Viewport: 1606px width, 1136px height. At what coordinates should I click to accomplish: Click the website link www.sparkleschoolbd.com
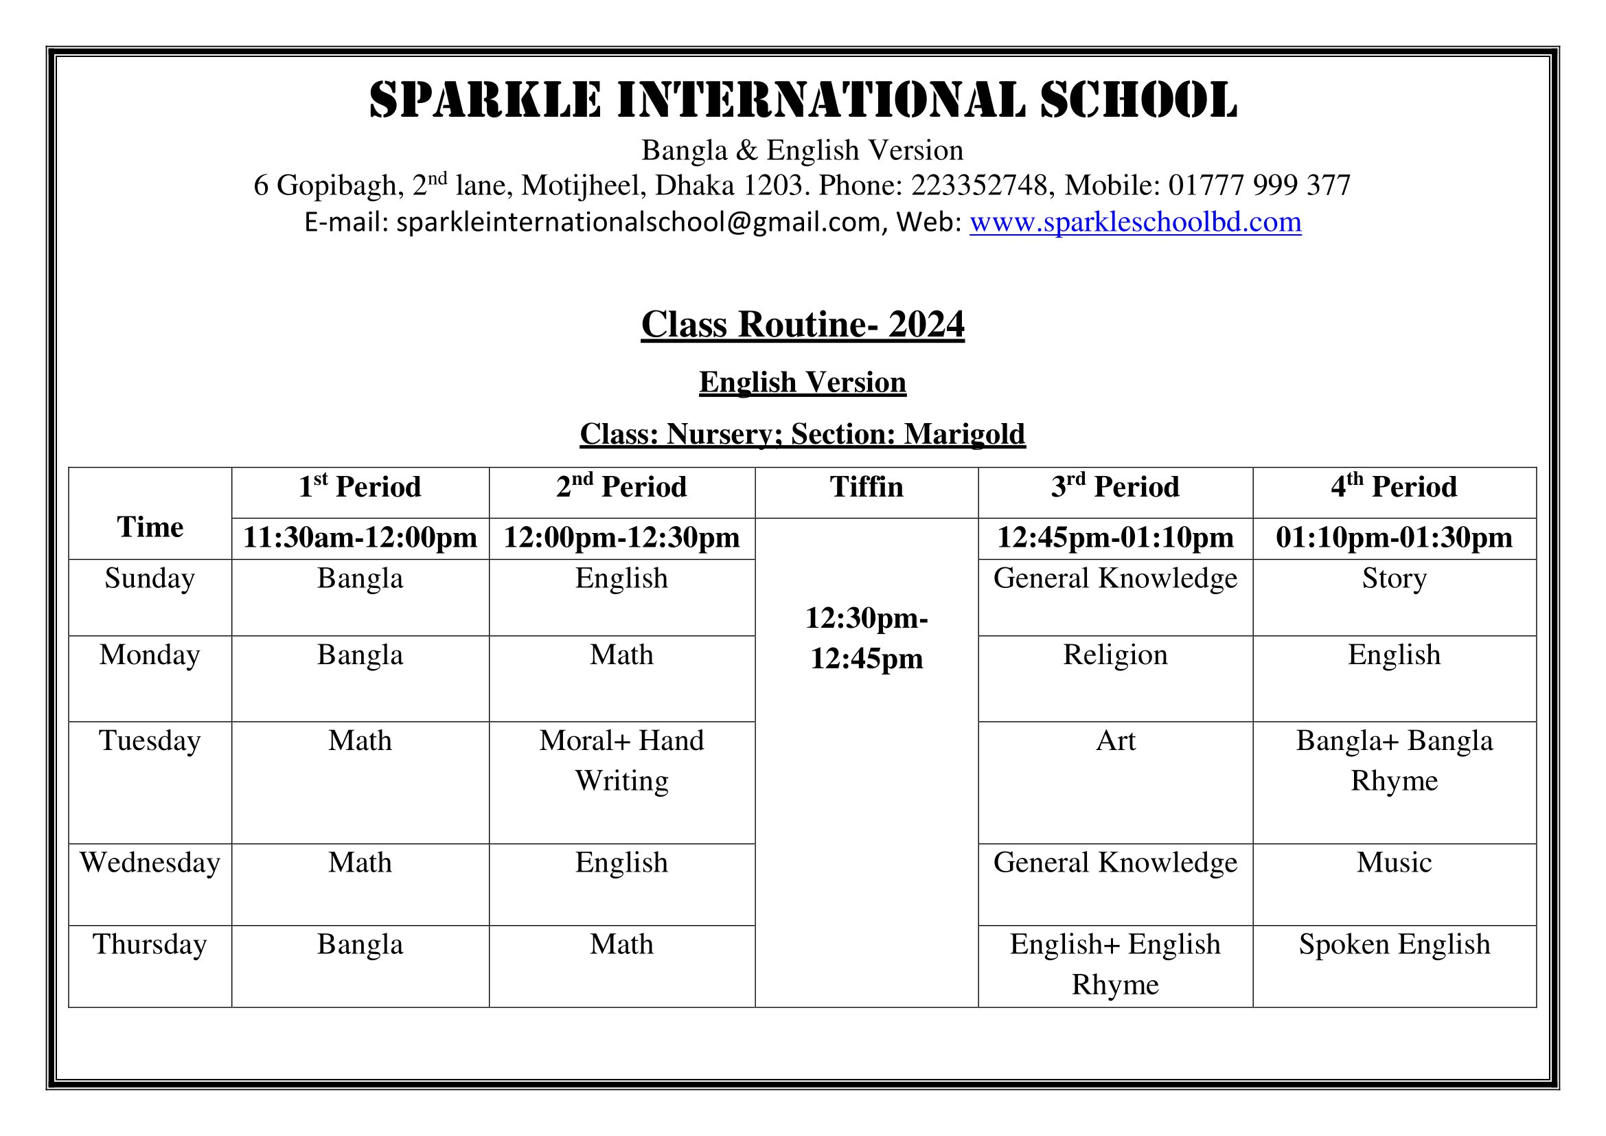pyautogui.click(x=1134, y=223)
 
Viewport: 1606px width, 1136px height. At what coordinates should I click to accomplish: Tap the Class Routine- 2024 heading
pyautogui.click(x=802, y=325)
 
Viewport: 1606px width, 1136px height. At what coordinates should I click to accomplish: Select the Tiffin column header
pyautogui.click(x=866, y=487)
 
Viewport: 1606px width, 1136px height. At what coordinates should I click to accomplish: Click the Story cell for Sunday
pyautogui.click(x=1393, y=578)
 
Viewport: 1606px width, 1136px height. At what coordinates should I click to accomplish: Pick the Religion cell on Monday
pyautogui.click(x=1115, y=655)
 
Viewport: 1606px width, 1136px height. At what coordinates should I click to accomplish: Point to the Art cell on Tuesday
pyautogui.click(x=1115, y=741)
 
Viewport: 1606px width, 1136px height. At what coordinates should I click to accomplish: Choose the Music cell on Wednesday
pyautogui.click(x=1393, y=863)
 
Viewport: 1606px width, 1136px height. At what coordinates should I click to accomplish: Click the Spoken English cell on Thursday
pyautogui.click(x=1393, y=944)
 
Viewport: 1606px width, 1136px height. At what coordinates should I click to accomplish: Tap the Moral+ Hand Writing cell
pyautogui.click(x=621, y=760)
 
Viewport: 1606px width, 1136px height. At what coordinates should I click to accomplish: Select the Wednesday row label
pyautogui.click(x=150, y=863)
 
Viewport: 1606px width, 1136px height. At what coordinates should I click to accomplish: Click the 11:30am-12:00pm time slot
pyautogui.click(x=360, y=538)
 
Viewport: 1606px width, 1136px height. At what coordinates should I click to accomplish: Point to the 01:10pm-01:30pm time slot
pyautogui.click(x=1393, y=538)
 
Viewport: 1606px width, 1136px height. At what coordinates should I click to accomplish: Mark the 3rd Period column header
pyautogui.click(x=1115, y=487)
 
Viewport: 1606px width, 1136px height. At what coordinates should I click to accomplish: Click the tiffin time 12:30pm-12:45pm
pyautogui.click(x=866, y=638)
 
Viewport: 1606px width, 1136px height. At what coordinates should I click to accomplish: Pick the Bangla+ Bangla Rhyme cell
pyautogui.click(x=1393, y=760)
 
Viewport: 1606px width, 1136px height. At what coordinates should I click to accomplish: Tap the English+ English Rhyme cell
pyautogui.click(x=1115, y=964)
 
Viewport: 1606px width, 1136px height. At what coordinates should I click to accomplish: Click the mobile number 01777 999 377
pyautogui.click(x=1259, y=185)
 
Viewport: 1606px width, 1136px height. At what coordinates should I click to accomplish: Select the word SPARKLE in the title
pyautogui.click(x=485, y=100)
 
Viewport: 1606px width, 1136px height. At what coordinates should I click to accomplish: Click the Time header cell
pyautogui.click(x=150, y=527)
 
